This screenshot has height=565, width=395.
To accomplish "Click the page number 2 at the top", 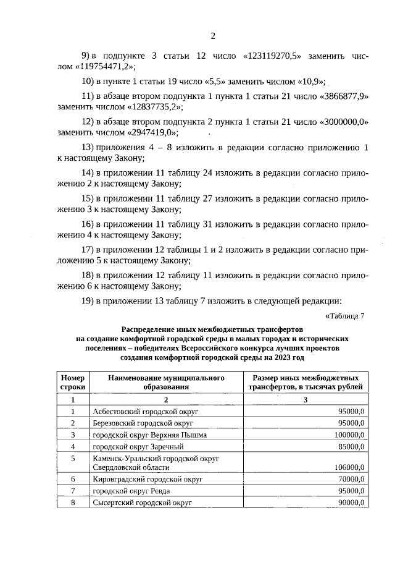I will (x=212, y=35).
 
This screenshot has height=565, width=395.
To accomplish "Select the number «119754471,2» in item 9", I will (x=106, y=67).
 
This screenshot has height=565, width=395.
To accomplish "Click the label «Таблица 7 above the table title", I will (x=344, y=316).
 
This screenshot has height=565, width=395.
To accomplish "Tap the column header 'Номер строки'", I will (x=72, y=381).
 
